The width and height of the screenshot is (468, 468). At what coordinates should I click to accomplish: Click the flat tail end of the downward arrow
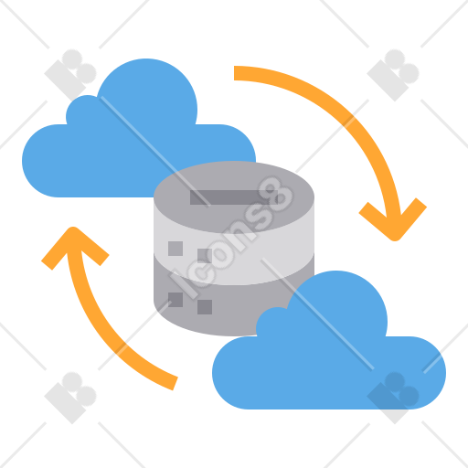coord(234,73)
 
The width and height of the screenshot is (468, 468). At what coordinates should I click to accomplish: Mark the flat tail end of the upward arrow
coord(175,383)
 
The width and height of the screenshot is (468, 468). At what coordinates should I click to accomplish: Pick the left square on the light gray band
coord(175,249)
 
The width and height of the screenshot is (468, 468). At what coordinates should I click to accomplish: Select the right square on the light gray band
coord(205,256)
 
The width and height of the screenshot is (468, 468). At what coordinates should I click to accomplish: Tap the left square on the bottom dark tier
coord(175,300)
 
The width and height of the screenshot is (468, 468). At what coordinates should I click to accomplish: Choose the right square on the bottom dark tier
coord(205,307)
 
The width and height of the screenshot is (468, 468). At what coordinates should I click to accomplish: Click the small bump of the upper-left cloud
coord(85,110)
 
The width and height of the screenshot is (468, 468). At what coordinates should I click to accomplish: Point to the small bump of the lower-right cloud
coord(274,322)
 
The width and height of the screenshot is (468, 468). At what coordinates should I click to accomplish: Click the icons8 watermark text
coord(231,238)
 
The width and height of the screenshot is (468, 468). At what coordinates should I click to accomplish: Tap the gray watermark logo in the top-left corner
coord(70,75)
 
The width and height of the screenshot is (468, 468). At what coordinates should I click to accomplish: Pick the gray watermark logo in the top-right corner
coord(393,75)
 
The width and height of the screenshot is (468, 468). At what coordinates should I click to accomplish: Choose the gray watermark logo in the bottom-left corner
coord(70,398)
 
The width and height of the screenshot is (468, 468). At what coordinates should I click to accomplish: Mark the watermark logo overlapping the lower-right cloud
coord(393,398)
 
